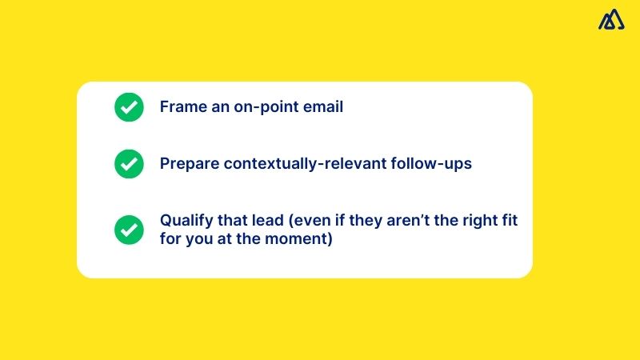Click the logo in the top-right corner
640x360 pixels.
[611, 19]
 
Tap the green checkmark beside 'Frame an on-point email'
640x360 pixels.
[128, 107]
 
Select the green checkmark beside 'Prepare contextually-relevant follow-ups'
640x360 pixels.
[128, 164]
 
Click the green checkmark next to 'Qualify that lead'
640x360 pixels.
[128, 230]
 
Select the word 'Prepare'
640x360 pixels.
[189, 164]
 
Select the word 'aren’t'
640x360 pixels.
[399, 221]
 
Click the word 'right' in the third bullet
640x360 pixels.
[477, 221]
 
